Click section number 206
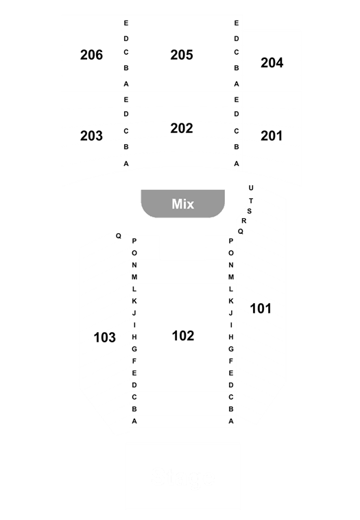[x=91, y=55]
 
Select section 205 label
[x=182, y=55]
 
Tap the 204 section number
[x=272, y=62]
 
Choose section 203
[x=91, y=136]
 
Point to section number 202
[x=182, y=128]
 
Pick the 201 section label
[x=272, y=136]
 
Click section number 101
[x=261, y=309]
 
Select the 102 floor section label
[x=183, y=335]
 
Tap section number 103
[x=105, y=338]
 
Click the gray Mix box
[x=183, y=204]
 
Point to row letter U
[x=251, y=188]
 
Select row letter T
[x=251, y=200]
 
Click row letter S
[x=250, y=211]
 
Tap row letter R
[x=243, y=220]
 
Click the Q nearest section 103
[x=119, y=236]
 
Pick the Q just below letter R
[x=240, y=231]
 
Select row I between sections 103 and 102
[x=134, y=325]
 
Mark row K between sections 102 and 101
[x=231, y=300]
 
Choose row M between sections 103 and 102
[x=134, y=277]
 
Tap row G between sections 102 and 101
[x=231, y=349]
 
